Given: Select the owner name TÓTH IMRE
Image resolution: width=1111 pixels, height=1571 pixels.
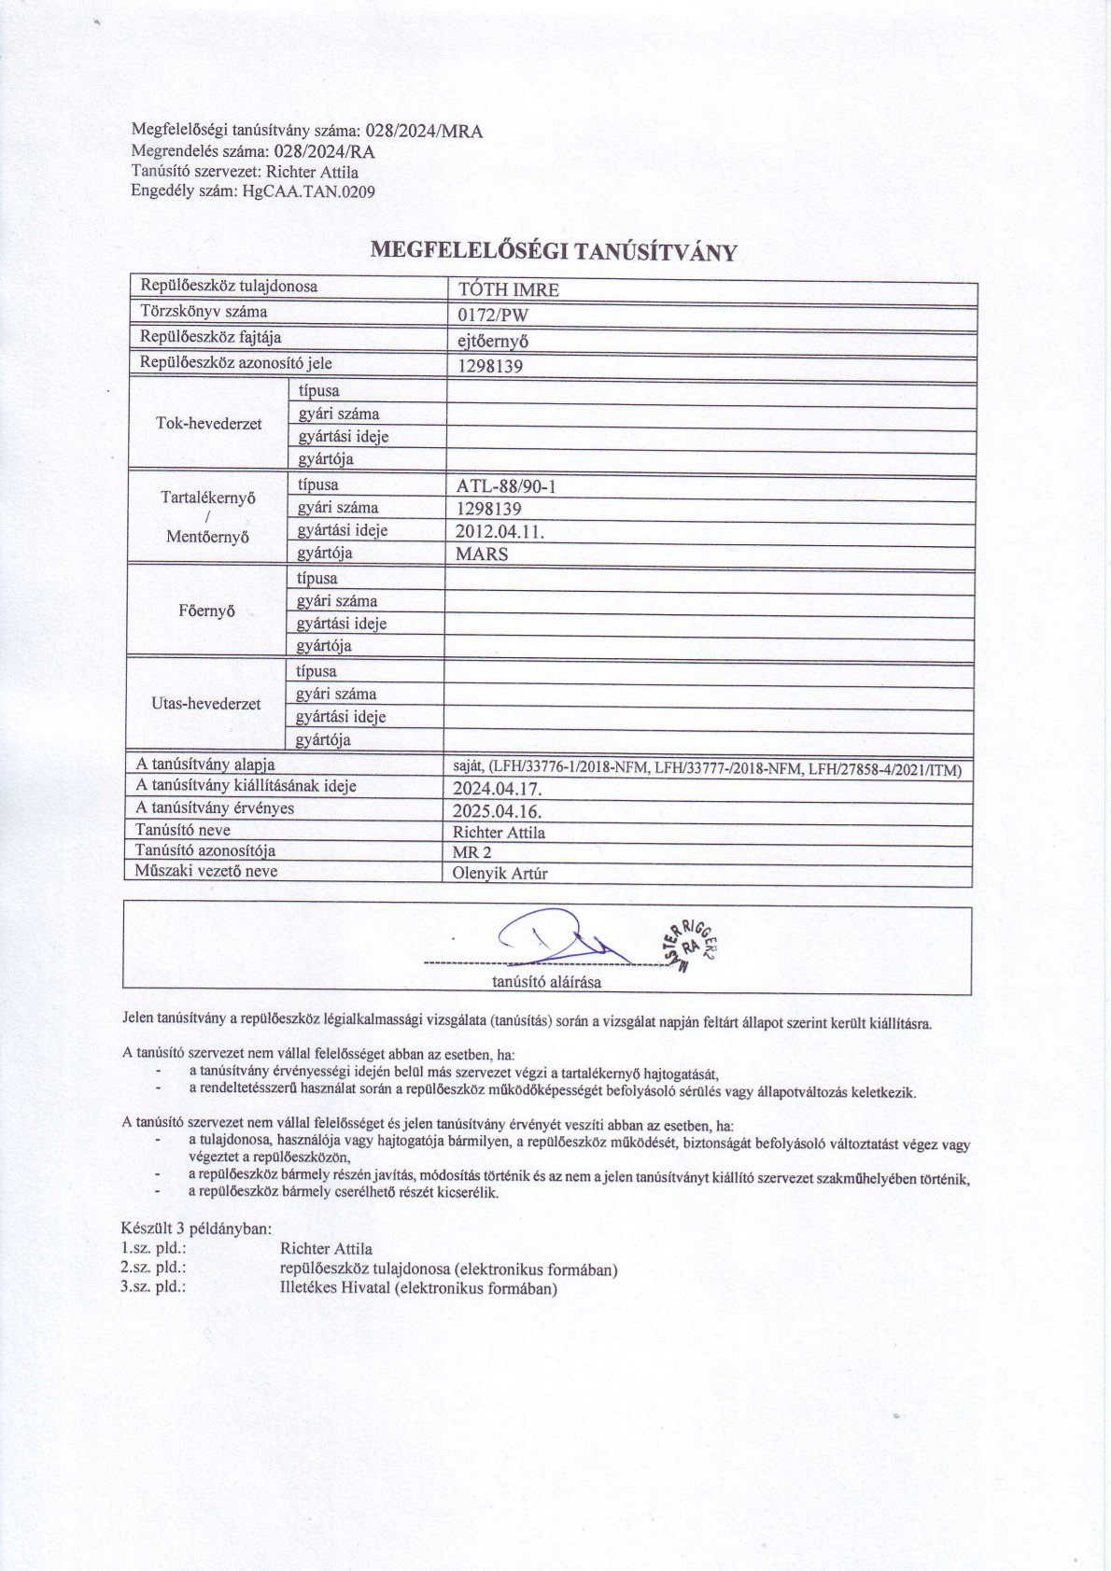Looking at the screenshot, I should (509, 289).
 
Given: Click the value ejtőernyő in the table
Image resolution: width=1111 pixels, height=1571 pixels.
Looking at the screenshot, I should (493, 341).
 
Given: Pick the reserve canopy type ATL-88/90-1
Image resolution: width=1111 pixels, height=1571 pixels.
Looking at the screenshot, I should (507, 486).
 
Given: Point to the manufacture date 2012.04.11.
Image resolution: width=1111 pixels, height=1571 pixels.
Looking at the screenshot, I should (499, 531).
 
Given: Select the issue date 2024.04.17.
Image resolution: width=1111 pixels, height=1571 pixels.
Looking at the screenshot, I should (496, 788).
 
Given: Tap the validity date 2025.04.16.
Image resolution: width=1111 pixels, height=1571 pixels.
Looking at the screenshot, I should (496, 810).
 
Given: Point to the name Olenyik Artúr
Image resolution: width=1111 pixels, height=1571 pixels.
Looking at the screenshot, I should (499, 875).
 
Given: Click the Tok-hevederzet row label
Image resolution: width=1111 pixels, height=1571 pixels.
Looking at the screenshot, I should (208, 424).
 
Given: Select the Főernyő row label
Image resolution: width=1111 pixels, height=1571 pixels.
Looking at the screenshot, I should (206, 612).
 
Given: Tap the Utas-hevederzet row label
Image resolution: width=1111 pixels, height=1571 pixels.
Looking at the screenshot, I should (206, 704).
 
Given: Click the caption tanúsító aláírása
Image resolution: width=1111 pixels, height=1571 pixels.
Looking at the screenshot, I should (547, 982).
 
